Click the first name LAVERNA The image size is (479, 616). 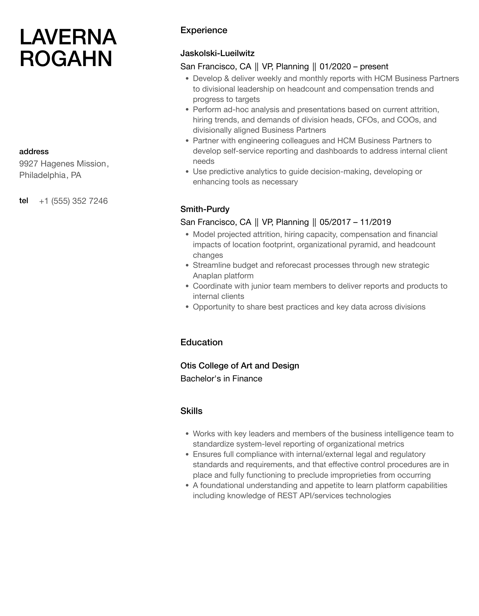point(68,37)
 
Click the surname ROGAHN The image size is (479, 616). point(66,58)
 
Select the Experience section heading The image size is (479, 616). point(204,30)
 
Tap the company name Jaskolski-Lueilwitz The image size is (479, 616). point(217,53)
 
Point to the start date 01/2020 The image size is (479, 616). point(335,67)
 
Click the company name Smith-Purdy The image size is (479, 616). point(205,209)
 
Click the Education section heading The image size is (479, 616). point(201,342)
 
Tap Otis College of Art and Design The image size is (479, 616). point(239,366)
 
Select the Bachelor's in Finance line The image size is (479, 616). point(221,378)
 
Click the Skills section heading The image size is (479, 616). point(191,411)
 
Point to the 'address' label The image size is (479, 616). point(34,152)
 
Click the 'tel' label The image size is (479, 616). point(23,201)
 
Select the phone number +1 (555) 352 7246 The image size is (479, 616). point(73,201)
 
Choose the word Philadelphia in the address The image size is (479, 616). point(42,175)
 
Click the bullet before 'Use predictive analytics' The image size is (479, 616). point(187,172)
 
